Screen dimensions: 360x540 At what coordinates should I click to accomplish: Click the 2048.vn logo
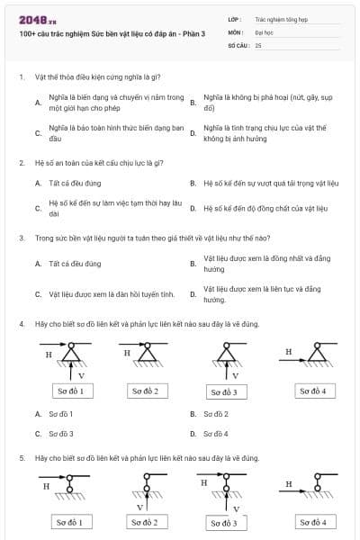tap(32, 19)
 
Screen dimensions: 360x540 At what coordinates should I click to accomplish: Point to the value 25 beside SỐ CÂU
tap(258, 44)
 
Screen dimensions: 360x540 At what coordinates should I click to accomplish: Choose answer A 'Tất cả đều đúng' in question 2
tap(76, 183)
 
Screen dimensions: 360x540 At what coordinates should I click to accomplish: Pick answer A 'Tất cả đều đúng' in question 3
tap(76, 264)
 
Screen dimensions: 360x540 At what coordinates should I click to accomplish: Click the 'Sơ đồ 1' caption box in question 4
tap(69, 391)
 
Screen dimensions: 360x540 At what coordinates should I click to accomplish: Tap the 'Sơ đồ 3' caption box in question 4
tap(224, 391)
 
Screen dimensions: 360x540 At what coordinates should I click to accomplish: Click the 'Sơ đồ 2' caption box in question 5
tap(144, 522)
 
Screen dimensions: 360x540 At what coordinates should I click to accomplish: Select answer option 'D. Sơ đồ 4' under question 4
tap(215, 433)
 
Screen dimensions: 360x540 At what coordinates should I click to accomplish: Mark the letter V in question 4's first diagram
tap(81, 374)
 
